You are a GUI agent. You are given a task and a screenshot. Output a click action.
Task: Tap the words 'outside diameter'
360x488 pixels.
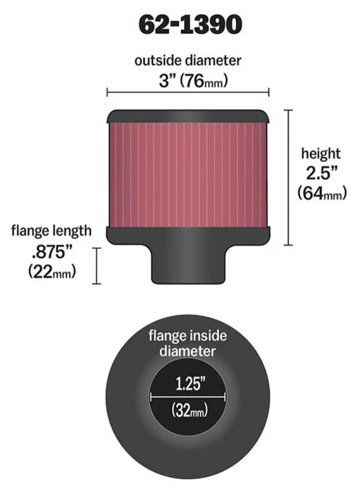click(x=188, y=60)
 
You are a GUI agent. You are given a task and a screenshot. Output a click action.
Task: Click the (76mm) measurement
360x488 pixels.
click(x=203, y=81)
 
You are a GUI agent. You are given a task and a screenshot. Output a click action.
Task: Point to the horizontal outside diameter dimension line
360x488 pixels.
click(x=188, y=93)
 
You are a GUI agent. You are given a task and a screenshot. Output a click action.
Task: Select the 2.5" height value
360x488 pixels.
click(x=321, y=173)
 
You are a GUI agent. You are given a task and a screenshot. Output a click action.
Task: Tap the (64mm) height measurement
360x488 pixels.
click(x=321, y=193)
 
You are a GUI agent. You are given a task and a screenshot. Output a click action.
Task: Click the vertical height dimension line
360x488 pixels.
click(x=289, y=177)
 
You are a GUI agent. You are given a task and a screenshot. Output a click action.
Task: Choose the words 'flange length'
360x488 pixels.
click(x=51, y=231)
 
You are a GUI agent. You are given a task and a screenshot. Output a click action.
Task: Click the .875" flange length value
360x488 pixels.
click(x=51, y=252)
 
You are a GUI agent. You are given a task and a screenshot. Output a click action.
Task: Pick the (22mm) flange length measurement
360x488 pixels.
click(x=51, y=272)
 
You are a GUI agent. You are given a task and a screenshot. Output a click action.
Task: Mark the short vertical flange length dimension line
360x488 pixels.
click(x=96, y=266)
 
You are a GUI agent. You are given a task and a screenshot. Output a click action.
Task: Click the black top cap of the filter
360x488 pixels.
click(x=188, y=116)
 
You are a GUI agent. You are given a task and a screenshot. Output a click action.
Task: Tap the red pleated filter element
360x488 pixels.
click(x=188, y=173)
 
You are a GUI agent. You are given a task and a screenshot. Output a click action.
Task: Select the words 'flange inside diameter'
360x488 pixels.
click(x=188, y=343)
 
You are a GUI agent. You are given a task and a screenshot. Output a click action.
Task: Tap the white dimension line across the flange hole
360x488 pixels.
click(x=188, y=397)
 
